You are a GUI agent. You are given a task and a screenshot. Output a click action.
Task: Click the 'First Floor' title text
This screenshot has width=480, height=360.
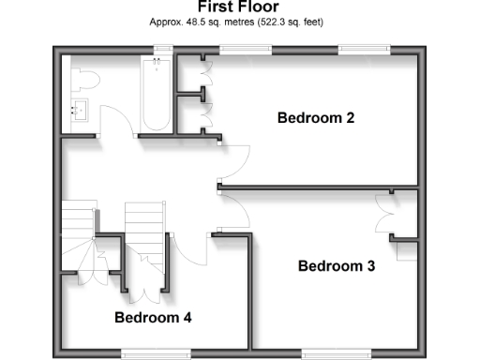(238, 7)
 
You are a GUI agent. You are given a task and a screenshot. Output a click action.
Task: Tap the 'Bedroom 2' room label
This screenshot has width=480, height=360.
(315, 118)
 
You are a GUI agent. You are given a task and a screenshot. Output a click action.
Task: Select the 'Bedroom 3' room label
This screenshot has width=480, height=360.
(337, 266)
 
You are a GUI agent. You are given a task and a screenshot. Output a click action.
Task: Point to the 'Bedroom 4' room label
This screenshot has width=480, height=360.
(153, 318)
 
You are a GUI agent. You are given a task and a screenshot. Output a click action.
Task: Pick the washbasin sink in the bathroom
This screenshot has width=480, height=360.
(79, 111)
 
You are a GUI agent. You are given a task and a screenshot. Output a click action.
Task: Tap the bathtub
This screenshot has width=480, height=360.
(156, 94)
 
